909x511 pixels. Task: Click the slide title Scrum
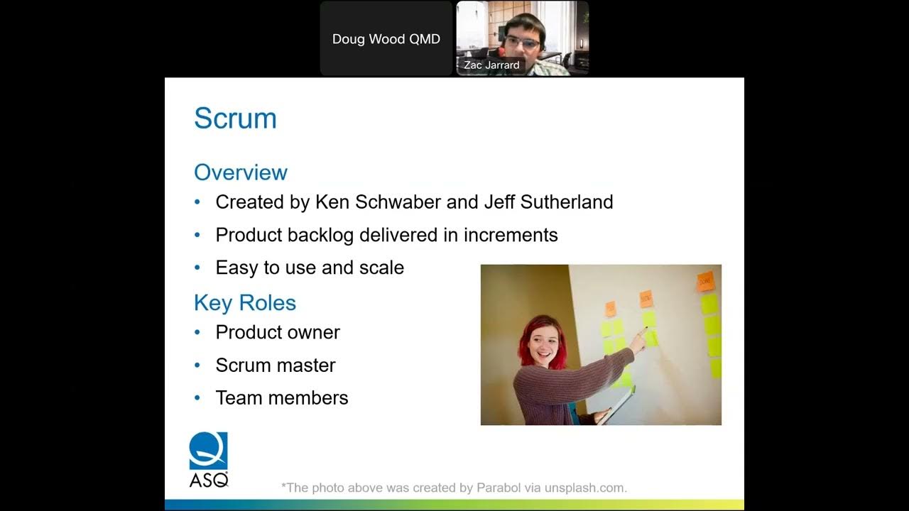(235, 119)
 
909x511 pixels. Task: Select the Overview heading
(240, 172)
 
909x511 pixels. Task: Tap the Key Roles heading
(244, 303)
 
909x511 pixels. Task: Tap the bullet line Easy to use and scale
(310, 268)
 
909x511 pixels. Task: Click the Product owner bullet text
(278, 332)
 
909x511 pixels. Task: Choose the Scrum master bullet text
(276, 365)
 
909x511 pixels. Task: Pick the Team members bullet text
(282, 397)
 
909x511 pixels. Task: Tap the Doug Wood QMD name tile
(386, 39)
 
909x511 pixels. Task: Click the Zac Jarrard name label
(491, 65)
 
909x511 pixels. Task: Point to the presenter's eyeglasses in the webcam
(522, 42)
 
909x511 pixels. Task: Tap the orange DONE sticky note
(705, 281)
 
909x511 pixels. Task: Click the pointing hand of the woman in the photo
(638, 341)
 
